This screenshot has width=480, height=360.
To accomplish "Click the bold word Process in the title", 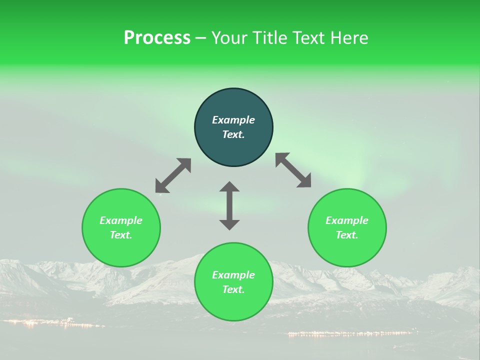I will pyautogui.click(x=157, y=38).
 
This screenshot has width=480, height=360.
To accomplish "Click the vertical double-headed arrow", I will pyautogui.click(x=229, y=205).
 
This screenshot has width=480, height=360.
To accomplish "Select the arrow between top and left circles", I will pyautogui.click(x=173, y=175).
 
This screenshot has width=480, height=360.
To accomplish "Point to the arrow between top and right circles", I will pyautogui.click(x=293, y=170).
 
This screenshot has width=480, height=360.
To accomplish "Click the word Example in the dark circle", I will pyautogui.click(x=233, y=120).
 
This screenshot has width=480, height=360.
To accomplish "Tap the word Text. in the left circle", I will pyautogui.click(x=121, y=235).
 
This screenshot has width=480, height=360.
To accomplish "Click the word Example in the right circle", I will pyautogui.click(x=347, y=220).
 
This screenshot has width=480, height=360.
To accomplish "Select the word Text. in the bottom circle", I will pyautogui.click(x=233, y=289).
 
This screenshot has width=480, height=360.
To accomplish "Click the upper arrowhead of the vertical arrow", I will pyautogui.click(x=229, y=187).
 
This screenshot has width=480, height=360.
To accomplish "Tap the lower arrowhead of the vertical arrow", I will pyautogui.click(x=229, y=224).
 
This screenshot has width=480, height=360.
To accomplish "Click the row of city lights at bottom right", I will pyautogui.click(x=350, y=333).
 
